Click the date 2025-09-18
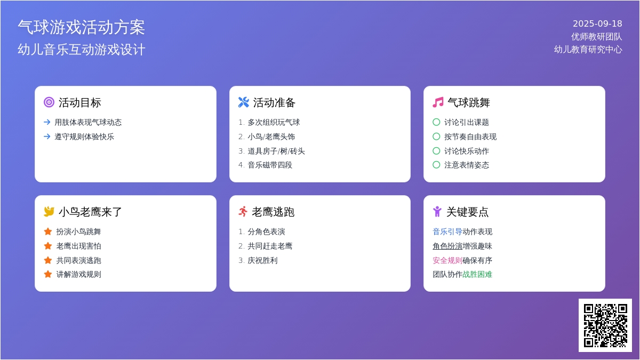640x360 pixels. click(x=597, y=23)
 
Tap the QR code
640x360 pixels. click(x=605, y=325)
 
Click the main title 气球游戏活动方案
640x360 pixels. click(x=82, y=27)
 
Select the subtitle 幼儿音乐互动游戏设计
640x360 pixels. click(x=82, y=50)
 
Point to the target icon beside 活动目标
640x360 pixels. click(x=49, y=102)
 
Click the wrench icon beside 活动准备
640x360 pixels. click(x=243, y=102)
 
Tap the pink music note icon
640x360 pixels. click(x=438, y=102)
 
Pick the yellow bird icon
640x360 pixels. click(x=49, y=211)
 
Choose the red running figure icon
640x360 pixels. click(x=243, y=211)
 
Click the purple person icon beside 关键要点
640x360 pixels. click(x=437, y=212)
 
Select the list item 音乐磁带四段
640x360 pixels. click(x=270, y=165)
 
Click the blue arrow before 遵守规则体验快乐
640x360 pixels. click(x=47, y=137)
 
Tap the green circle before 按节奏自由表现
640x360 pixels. click(x=436, y=137)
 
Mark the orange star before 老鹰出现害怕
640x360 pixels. click(x=48, y=246)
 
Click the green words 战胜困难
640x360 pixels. click(x=477, y=275)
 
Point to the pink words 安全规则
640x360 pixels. click(x=447, y=260)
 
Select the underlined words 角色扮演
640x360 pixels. click(x=447, y=246)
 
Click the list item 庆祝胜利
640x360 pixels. click(x=262, y=260)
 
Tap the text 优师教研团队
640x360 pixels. click(x=597, y=37)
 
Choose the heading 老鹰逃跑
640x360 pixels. click(x=273, y=212)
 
